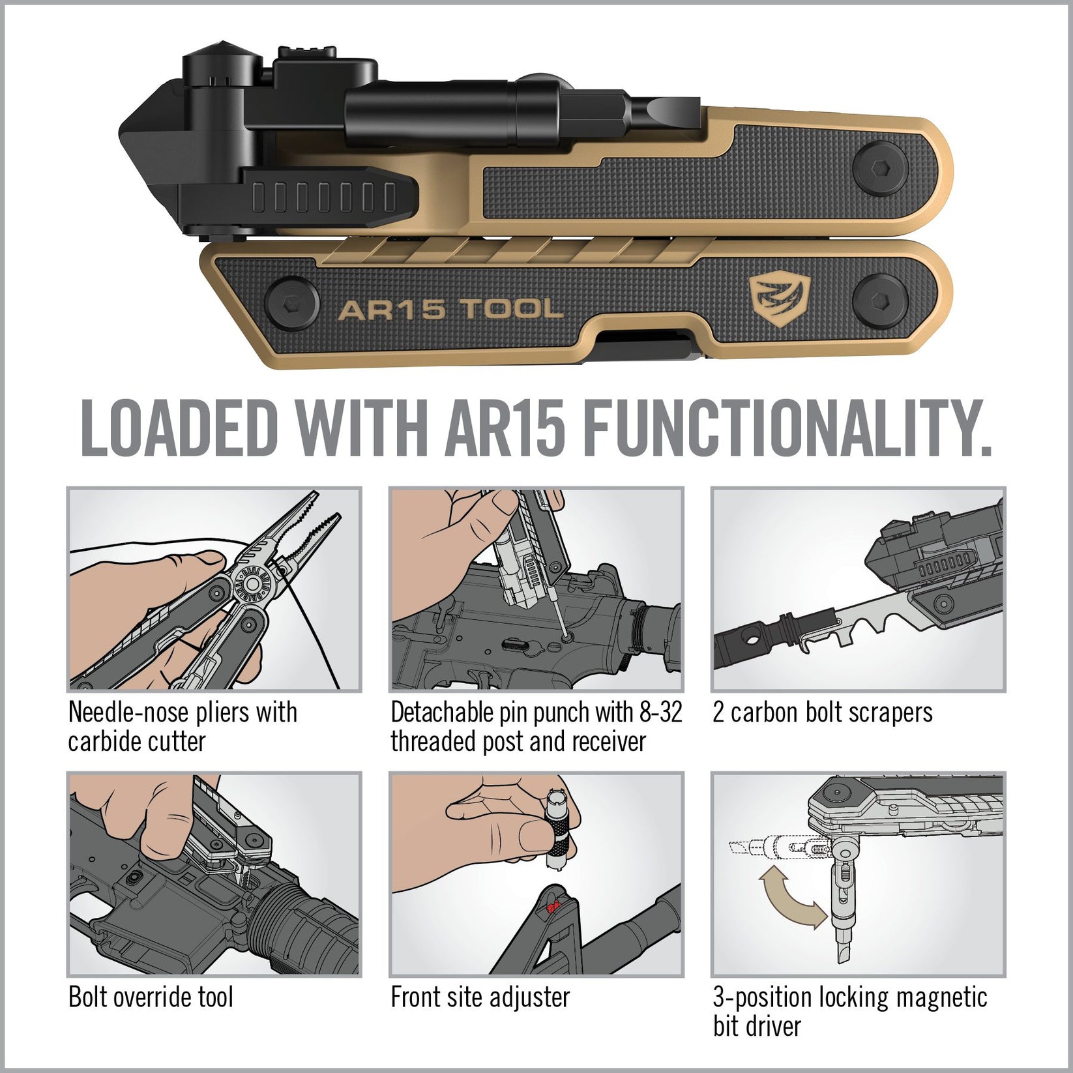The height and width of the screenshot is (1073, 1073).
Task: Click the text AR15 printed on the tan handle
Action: [391, 310]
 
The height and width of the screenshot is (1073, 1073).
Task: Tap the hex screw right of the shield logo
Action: [880, 301]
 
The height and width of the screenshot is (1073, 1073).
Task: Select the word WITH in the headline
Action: [360, 428]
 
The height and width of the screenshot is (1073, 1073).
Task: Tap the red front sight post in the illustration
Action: [553, 907]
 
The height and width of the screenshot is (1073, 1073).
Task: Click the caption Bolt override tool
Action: [151, 997]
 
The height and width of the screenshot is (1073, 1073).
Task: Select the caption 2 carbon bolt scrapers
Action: [823, 713]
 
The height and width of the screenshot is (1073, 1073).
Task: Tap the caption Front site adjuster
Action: [480, 997]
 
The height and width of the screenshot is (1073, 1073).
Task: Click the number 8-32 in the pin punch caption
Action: [660, 713]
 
